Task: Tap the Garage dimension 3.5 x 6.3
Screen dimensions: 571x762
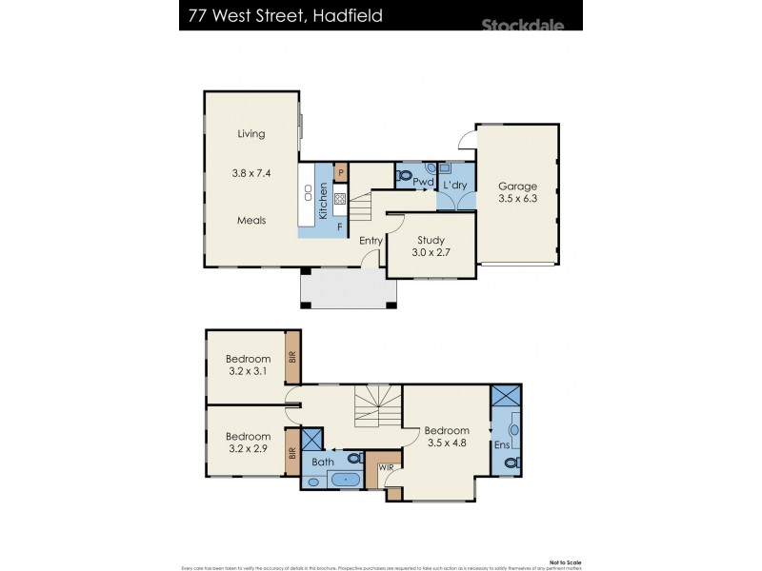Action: [x=518, y=201]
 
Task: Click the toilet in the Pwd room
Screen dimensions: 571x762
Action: [x=404, y=177]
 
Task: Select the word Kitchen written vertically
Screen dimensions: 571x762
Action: [x=323, y=201]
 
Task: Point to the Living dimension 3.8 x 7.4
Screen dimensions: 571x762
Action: [x=251, y=174]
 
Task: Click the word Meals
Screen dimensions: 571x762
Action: [x=251, y=220]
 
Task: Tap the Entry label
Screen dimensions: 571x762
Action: [x=371, y=241]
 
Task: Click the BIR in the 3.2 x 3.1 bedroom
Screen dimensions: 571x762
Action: [x=293, y=357]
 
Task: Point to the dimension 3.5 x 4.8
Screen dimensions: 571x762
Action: [x=447, y=443]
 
